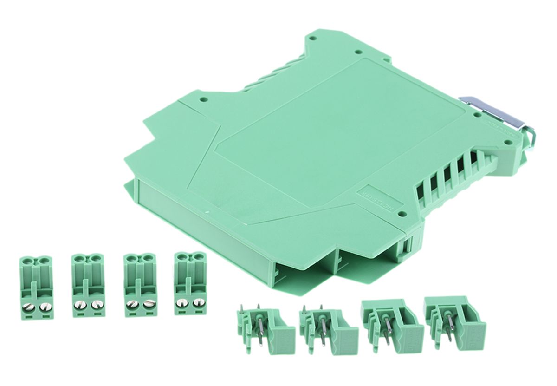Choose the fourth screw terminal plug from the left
(190, 283)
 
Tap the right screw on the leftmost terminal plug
(44, 307)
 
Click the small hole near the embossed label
(402, 214)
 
